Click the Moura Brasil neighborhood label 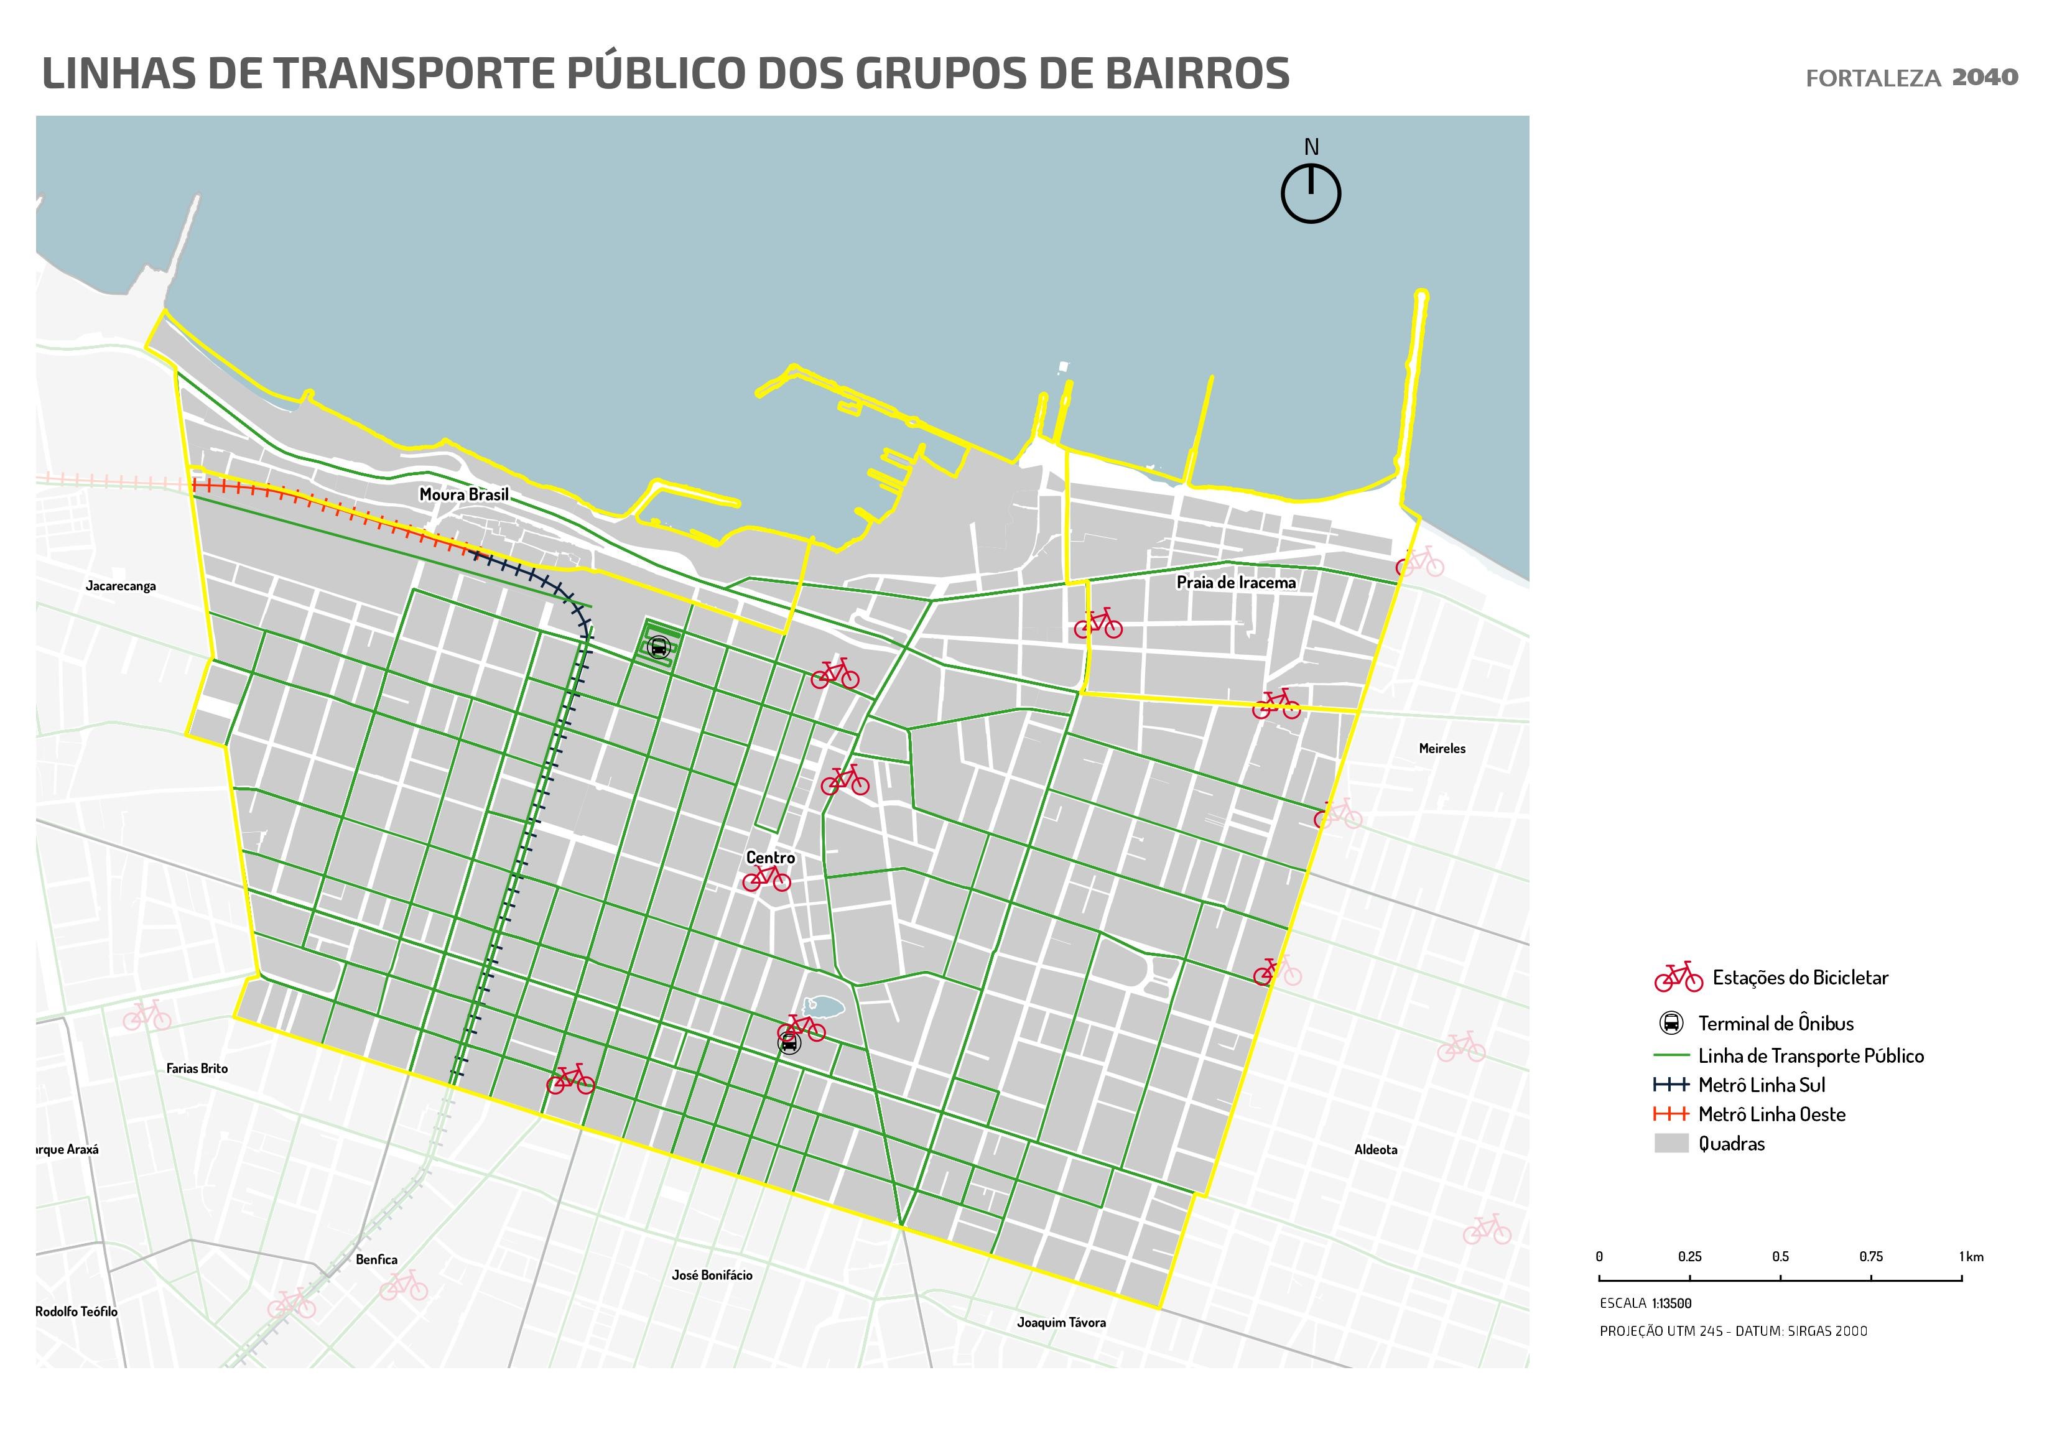coord(463,494)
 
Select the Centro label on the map coord(771,858)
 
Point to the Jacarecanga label coord(121,586)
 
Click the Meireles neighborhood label coord(1441,748)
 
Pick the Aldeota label coord(1375,1149)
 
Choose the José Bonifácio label coord(712,1275)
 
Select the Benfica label coord(376,1259)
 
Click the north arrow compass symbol coord(1311,193)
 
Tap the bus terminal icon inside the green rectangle coord(659,647)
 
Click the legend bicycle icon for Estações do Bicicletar coord(1678,978)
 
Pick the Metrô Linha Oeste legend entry coord(1771,1114)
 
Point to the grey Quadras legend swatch coord(1671,1143)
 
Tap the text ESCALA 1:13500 coord(1645,1304)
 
